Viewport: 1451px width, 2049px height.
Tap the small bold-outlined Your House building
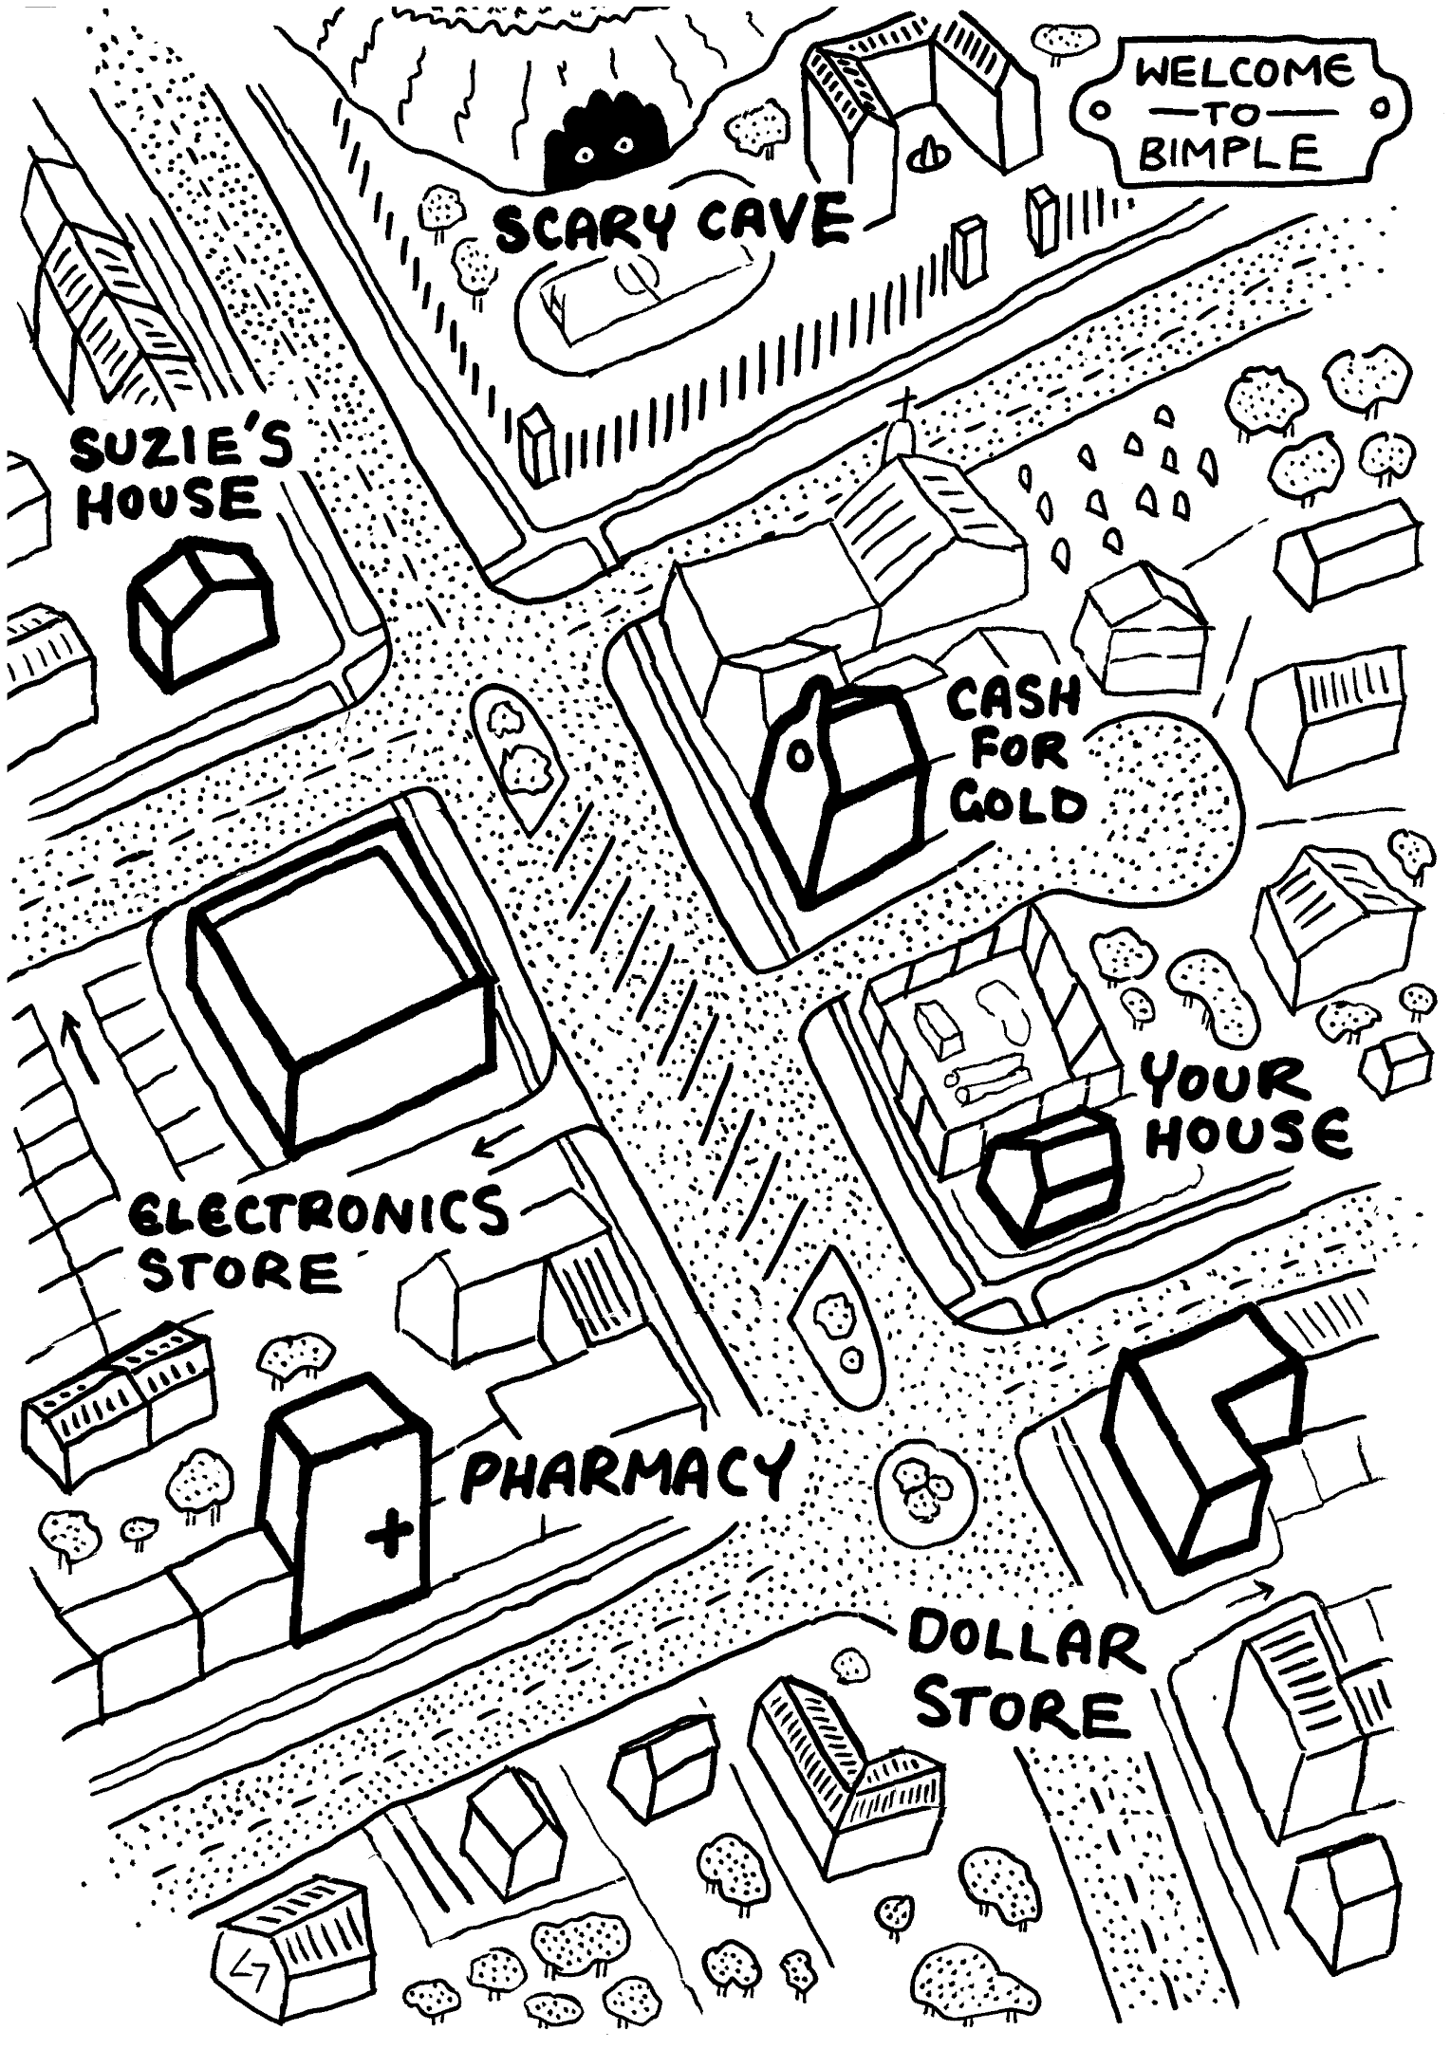point(1050,1176)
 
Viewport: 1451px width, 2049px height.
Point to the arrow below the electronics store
point(496,1145)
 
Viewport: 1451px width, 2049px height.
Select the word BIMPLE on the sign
point(1230,152)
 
